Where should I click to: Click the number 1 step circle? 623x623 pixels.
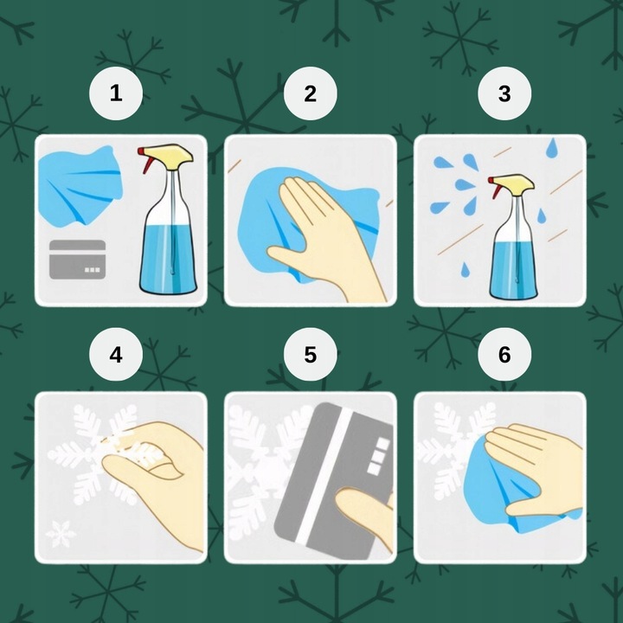[x=116, y=93]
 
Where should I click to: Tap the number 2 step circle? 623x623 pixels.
[x=311, y=93]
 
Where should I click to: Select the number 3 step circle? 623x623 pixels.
[x=504, y=93]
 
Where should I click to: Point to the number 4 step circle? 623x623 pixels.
[x=116, y=355]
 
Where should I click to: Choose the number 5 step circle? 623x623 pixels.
[x=311, y=355]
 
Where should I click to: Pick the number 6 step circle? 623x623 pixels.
[x=504, y=355]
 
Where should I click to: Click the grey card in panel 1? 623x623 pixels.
[x=78, y=259]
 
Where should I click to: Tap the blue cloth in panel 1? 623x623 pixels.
[x=80, y=186]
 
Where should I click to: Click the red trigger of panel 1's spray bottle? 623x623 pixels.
[x=146, y=160]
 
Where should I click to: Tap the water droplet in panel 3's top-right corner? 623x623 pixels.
[x=551, y=148]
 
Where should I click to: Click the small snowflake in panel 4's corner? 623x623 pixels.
[x=61, y=534]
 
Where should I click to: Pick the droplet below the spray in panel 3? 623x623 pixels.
[x=465, y=269]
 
